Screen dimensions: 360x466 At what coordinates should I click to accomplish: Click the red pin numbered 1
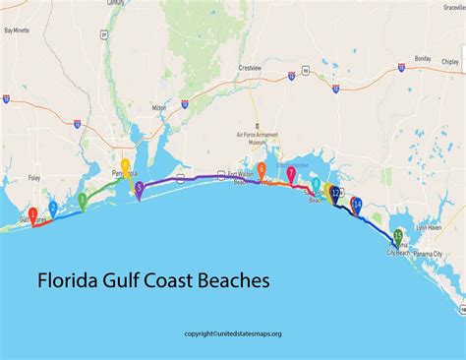32,213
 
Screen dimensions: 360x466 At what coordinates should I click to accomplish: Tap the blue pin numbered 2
53,208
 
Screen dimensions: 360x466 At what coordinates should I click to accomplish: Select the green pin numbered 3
83,200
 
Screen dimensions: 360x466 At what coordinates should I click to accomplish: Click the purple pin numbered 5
139,188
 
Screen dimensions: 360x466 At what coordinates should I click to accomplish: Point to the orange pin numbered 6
262,170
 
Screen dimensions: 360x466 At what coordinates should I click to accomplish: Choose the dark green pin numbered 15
398,236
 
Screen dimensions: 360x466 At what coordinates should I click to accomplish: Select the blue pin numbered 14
358,205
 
